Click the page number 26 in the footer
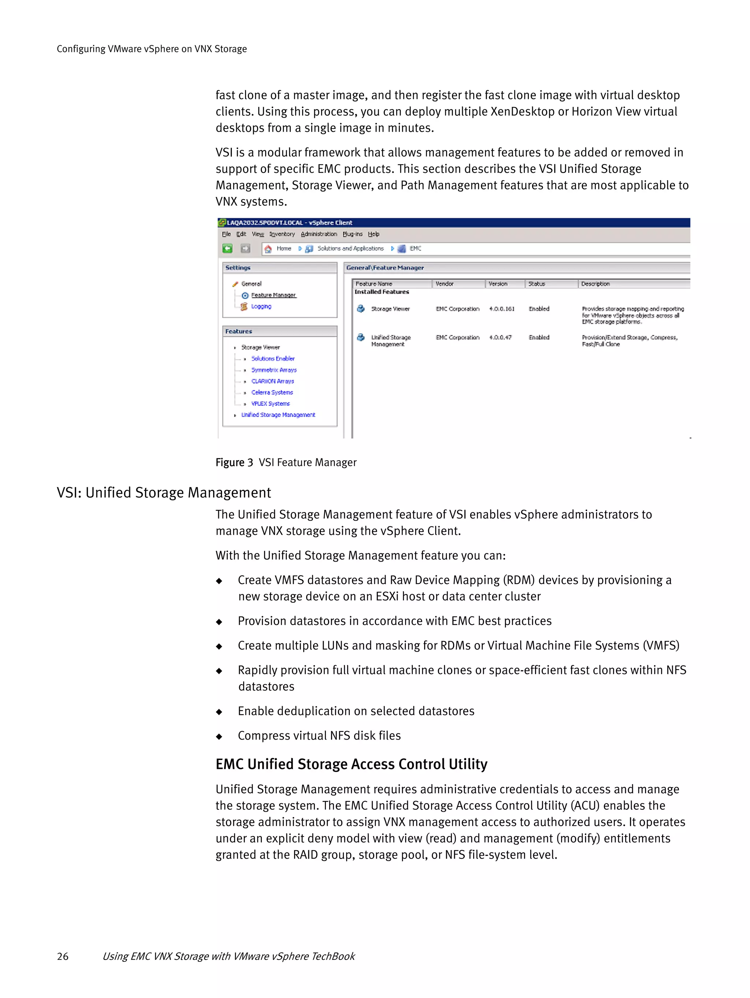[63, 956]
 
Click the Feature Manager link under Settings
[273, 295]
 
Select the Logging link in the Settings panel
[261, 306]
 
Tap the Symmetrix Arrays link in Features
[274, 370]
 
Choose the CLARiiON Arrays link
[272, 381]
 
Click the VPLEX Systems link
[270, 404]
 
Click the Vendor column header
[445, 284]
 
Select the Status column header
[536, 284]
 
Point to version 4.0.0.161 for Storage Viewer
[502, 309]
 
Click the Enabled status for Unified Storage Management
[539, 338]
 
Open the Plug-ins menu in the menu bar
[352, 234]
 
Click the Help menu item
[374, 234]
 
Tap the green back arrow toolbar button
[227, 249]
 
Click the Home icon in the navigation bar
[268, 249]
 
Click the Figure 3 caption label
[234, 462]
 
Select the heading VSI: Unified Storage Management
[164, 492]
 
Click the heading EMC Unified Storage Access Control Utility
[351, 764]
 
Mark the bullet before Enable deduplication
[219, 712]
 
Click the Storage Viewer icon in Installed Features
[361, 309]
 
